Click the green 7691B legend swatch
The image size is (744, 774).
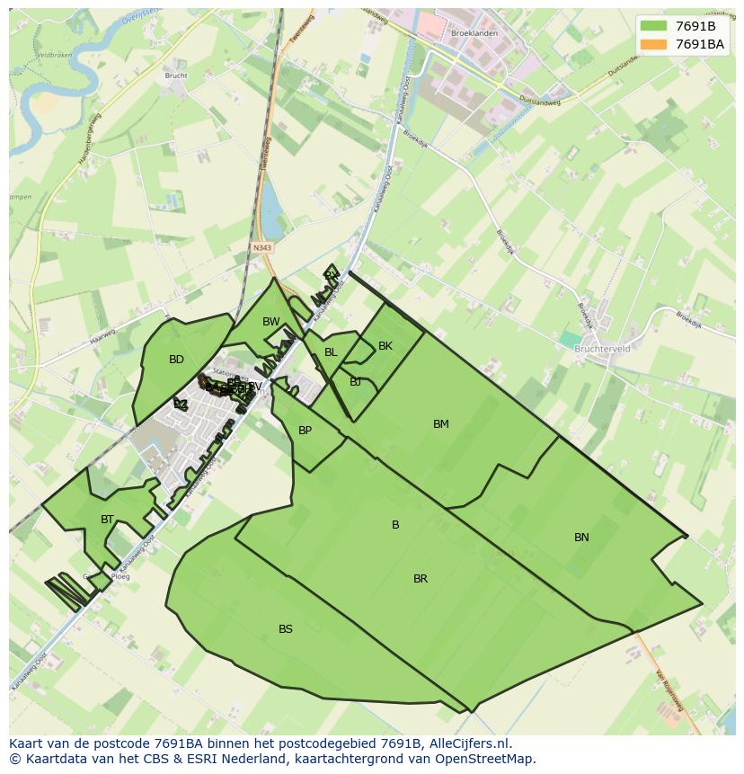(x=654, y=26)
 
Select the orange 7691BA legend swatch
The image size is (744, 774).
(x=654, y=44)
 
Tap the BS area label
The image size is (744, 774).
(x=286, y=629)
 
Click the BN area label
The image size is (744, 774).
(x=581, y=538)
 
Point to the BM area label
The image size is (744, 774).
(x=440, y=424)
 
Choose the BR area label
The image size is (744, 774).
(x=421, y=579)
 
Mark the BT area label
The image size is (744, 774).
(x=108, y=520)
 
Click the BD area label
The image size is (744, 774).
(x=176, y=360)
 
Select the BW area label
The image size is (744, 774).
(x=271, y=322)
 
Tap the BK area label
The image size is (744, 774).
(x=385, y=346)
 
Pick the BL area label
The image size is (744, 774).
(x=331, y=352)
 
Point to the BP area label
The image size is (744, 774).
(x=306, y=431)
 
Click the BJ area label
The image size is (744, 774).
(x=356, y=382)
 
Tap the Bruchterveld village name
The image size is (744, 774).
(x=602, y=349)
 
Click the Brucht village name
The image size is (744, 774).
(x=176, y=76)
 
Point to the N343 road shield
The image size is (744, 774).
(x=262, y=247)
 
